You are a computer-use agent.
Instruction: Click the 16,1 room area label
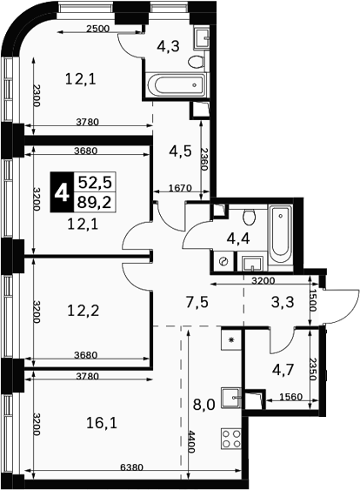point(102,424)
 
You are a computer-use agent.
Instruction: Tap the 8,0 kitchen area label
point(204,406)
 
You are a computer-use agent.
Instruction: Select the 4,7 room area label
point(283,370)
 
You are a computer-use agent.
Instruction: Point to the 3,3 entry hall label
point(283,302)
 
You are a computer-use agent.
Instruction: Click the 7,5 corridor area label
point(197,303)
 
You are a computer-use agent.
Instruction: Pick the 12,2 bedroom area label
point(83,311)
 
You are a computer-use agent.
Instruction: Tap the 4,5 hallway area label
point(180,151)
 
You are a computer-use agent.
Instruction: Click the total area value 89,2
point(95,203)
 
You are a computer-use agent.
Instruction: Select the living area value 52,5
point(95,182)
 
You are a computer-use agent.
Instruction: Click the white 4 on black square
point(62,191)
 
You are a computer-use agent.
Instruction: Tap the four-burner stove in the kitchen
point(231,439)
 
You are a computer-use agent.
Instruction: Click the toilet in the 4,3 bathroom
point(196,62)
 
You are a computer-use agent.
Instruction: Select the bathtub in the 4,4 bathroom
point(281,233)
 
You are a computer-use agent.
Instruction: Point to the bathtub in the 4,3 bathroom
point(177,84)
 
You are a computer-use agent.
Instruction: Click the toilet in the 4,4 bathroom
point(250,217)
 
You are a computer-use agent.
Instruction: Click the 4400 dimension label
point(191,441)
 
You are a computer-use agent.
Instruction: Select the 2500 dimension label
point(98,29)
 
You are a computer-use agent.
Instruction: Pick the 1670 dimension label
point(179,188)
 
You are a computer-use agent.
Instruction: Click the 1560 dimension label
point(290,397)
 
